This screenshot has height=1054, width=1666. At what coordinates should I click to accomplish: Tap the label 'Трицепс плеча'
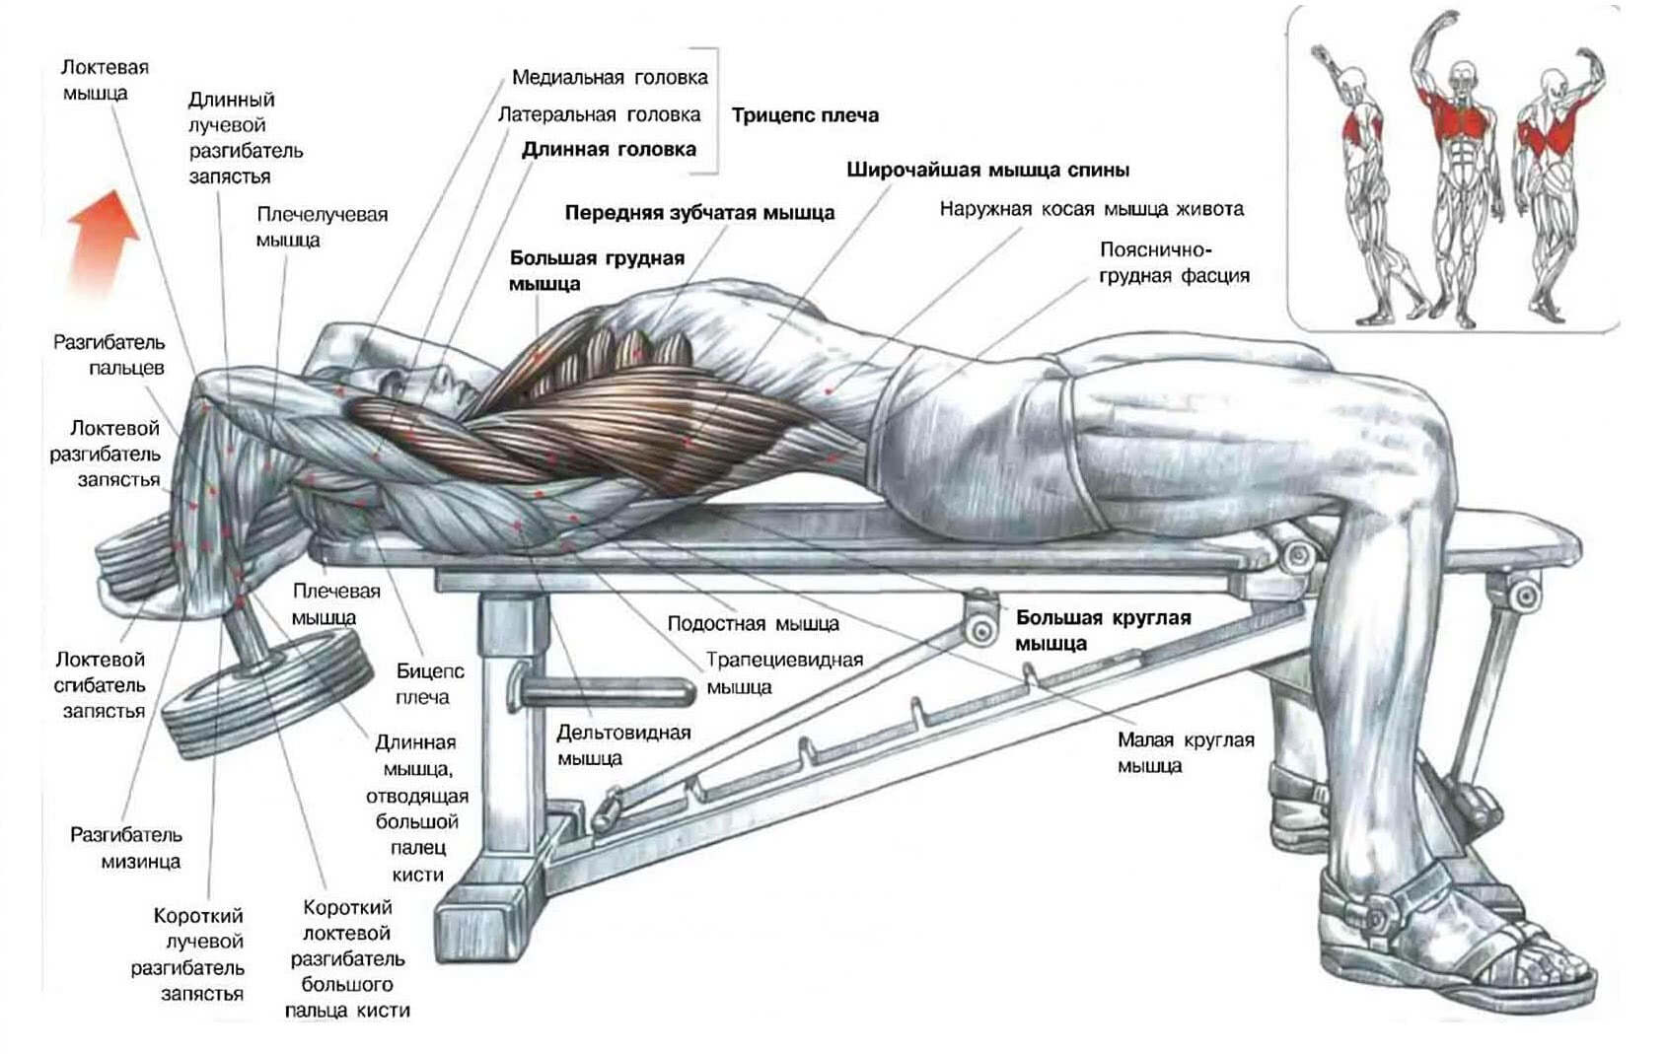tap(805, 115)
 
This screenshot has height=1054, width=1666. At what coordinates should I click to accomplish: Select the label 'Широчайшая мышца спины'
tap(987, 171)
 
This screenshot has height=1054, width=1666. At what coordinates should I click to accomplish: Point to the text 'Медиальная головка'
tap(610, 77)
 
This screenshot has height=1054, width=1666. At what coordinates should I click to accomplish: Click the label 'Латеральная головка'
tap(599, 114)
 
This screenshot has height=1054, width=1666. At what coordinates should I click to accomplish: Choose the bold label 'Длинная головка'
tap(609, 150)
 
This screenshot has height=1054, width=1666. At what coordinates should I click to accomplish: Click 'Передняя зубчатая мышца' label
tap(699, 213)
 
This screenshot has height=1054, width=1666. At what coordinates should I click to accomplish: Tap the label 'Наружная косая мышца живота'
tap(1091, 209)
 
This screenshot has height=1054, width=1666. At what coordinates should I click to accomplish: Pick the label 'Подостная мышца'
tap(753, 624)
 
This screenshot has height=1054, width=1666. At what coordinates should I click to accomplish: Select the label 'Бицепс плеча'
tap(430, 684)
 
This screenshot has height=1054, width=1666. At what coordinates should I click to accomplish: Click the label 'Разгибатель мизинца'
tap(126, 848)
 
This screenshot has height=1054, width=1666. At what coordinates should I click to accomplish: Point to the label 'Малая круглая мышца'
tap(1186, 752)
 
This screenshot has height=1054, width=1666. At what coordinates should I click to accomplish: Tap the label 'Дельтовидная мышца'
tap(623, 745)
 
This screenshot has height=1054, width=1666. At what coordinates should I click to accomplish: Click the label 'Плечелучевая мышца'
tap(322, 228)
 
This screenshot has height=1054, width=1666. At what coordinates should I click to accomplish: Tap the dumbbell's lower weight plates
tap(267, 695)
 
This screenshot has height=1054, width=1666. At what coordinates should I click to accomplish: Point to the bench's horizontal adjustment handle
tap(603, 690)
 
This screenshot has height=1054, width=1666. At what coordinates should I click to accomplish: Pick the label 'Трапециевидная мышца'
tap(784, 672)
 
